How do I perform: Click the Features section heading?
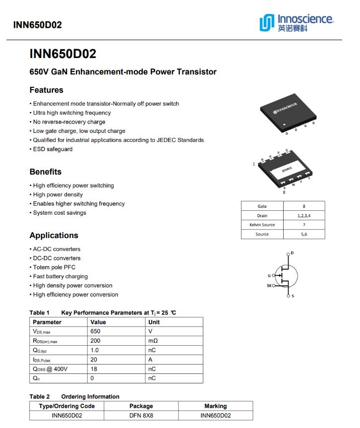(47, 90)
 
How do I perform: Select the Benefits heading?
(46, 172)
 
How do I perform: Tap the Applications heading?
(54, 235)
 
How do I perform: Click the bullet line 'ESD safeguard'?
(53, 149)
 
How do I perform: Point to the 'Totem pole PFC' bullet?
(55, 267)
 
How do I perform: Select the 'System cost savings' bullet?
(60, 213)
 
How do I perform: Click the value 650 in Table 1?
(95, 331)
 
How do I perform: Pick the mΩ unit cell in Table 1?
(153, 341)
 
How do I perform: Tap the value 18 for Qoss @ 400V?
(94, 369)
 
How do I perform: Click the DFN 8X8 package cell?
(141, 416)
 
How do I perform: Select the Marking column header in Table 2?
(216, 406)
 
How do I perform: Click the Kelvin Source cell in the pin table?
(262, 225)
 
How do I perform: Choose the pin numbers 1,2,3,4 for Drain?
(304, 216)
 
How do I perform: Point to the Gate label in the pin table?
(262, 206)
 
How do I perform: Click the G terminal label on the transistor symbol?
(269, 275)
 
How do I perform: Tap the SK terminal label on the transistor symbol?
(269, 286)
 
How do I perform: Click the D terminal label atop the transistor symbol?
(292, 253)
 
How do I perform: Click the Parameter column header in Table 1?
(47, 322)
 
